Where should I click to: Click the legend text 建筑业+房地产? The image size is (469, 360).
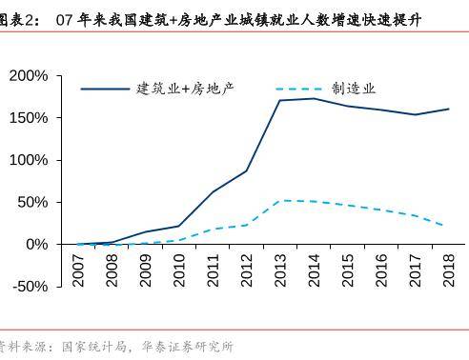tap(186, 88)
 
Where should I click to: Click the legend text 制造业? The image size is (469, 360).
tap(355, 88)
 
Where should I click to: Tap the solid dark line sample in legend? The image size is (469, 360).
tap(105, 89)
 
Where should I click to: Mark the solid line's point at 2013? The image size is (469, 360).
tap(280, 100)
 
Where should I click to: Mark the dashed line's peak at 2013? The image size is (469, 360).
tap(280, 200)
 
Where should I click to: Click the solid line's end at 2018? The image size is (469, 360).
tap(448, 109)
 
